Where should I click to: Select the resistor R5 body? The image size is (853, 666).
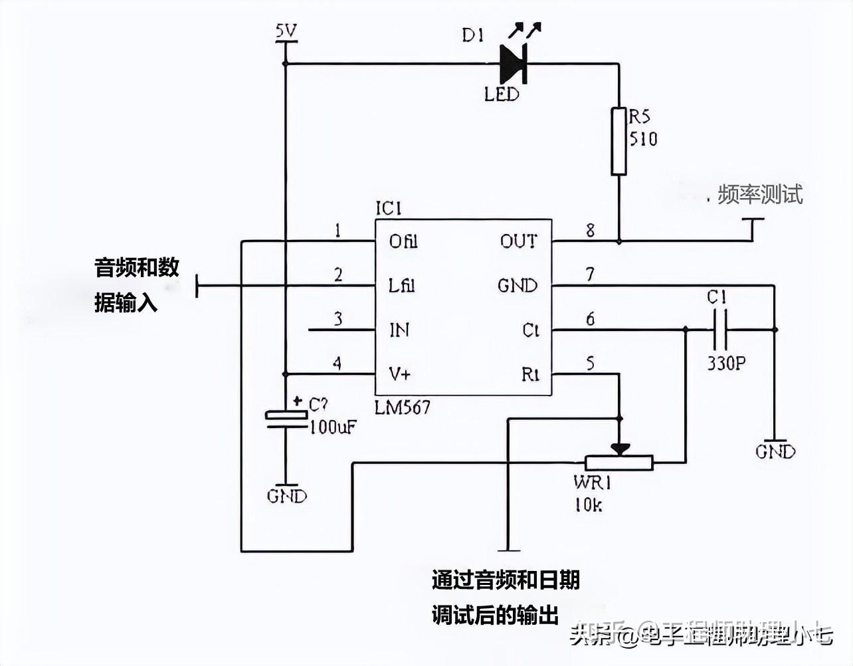(x=618, y=141)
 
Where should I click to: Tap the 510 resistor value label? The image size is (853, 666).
(x=643, y=138)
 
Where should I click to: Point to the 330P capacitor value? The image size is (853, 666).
(x=726, y=364)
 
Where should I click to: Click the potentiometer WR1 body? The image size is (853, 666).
(x=618, y=462)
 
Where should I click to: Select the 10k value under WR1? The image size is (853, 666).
(x=589, y=505)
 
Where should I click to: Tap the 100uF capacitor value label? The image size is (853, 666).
(x=332, y=427)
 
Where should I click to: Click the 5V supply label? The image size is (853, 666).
(x=287, y=31)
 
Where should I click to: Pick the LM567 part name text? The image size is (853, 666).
(x=403, y=407)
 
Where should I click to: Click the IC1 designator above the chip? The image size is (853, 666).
(x=389, y=209)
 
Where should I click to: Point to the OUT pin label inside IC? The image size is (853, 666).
(x=518, y=241)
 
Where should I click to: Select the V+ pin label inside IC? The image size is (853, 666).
(x=400, y=374)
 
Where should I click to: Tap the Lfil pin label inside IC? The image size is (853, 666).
(x=402, y=286)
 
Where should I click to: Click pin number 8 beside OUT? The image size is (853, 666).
(x=589, y=231)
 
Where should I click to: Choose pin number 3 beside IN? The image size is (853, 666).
(x=338, y=319)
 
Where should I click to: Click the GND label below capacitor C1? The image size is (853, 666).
(x=775, y=452)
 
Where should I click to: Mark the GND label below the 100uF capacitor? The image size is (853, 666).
(x=287, y=496)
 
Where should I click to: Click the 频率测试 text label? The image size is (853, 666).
(x=760, y=194)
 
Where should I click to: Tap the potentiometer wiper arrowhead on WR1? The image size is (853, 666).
(x=618, y=449)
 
